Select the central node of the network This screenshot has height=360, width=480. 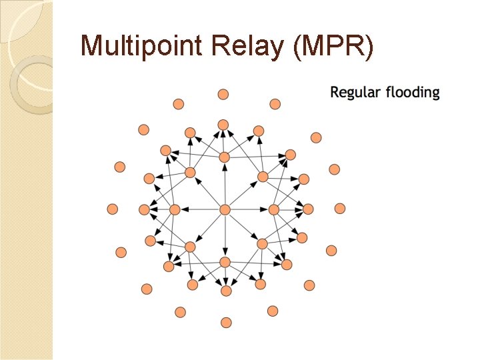point(225,209)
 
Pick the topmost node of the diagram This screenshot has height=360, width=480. point(224,94)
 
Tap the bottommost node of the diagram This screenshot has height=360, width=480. point(226,323)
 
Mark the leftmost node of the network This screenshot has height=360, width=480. point(112,209)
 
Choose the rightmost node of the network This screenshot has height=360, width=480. point(339,209)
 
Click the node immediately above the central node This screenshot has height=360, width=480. point(224,157)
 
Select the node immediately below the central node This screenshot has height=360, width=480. point(225,261)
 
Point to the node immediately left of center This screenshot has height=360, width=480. point(175,209)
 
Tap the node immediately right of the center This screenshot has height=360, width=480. point(274,209)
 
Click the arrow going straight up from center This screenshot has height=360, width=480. point(225,183)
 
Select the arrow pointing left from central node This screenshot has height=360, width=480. point(200,209)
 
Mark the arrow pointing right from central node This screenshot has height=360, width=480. point(249,209)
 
